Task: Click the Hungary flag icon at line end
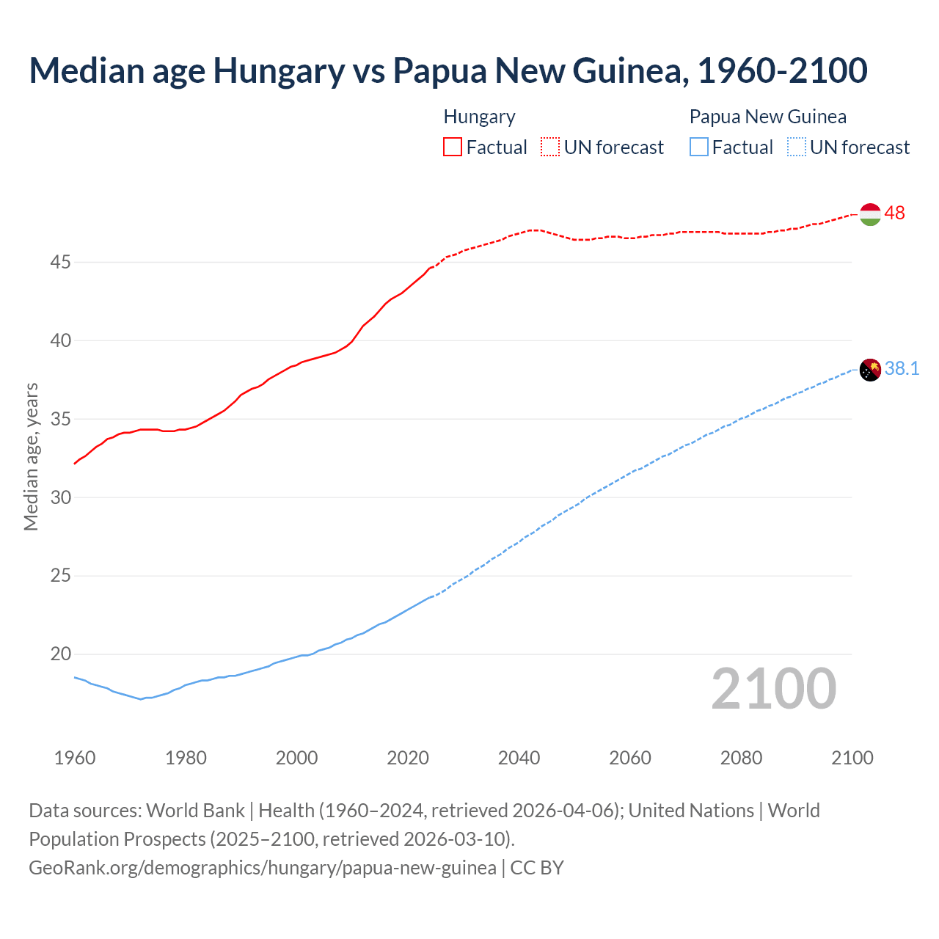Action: tap(870, 214)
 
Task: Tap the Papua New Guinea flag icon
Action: tap(870, 370)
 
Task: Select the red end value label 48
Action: tap(895, 213)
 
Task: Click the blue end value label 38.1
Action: tap(902, 368)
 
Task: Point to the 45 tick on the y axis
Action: tap(60, 262)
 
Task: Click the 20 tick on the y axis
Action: tap(60, 654)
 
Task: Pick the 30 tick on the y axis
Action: tap(60, 497)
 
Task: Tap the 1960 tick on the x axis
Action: tap(75, 758)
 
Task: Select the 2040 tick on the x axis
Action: tap(519, 758)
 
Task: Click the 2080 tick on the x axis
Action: tap(741, 758)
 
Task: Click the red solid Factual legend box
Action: tap(453, 147)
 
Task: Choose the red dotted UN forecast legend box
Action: tap(550, 147)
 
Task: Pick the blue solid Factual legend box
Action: tap(699, 147)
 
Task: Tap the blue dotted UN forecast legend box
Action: tap(797, 147)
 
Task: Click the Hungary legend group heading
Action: tap(480, 117)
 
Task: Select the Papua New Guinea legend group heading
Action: tap(768, 117)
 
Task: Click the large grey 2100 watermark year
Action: tap(774, 688)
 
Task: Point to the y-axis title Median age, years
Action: tap(31, 456)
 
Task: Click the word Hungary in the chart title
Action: tap(279, 70)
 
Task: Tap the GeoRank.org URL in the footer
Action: tap(263, 868)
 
